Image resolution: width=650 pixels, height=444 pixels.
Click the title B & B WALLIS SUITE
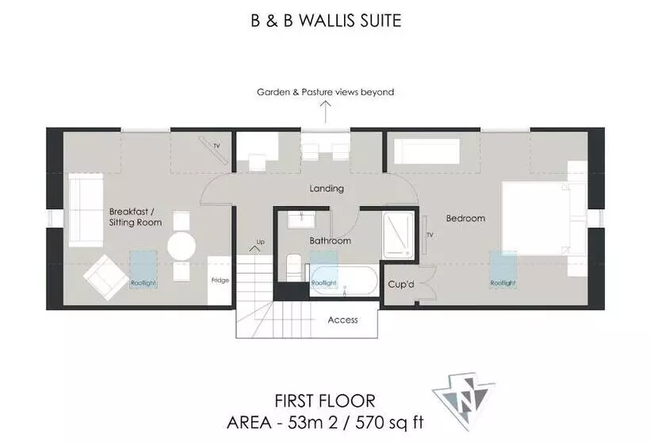325,21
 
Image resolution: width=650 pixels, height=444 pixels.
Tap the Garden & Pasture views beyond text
325,92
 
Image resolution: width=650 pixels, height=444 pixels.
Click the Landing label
327,189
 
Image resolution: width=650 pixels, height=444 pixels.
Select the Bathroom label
330,240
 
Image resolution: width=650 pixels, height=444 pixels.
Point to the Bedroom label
465,218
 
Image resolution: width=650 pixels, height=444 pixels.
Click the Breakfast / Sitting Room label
136,217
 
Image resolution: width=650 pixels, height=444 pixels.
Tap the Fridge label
220,280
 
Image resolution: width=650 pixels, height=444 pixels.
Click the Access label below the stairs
342,320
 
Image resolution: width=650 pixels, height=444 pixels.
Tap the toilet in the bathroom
292,266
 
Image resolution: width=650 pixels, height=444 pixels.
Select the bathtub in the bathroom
344,281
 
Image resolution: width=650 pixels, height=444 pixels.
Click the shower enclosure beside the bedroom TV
399,234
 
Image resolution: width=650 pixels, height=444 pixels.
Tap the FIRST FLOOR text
325,401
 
